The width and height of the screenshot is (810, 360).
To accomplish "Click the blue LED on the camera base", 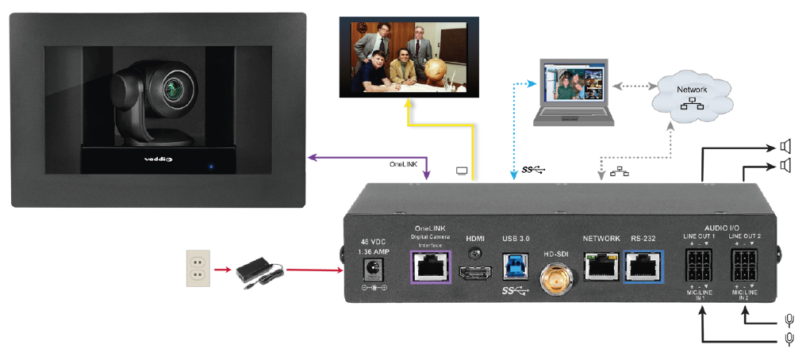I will click(x=212, y=167).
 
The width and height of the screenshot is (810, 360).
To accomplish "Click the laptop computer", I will click(x=573, y=93).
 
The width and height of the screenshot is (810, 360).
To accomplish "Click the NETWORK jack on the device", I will click(x=601, y=266).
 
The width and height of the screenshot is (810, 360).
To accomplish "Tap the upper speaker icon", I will click(x=786, y=146).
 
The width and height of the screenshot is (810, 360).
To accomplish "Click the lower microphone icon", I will click(x=789, y=339).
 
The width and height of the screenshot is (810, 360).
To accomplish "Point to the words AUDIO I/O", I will click(x=722, y=228).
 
